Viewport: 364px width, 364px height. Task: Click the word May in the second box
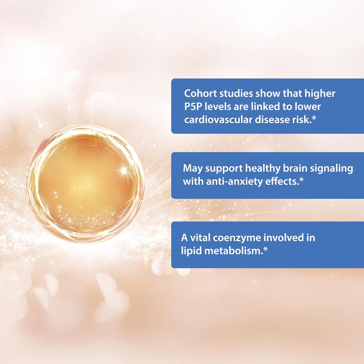[x=192, y=168]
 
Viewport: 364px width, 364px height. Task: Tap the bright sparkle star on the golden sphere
[x=123, y=171]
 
